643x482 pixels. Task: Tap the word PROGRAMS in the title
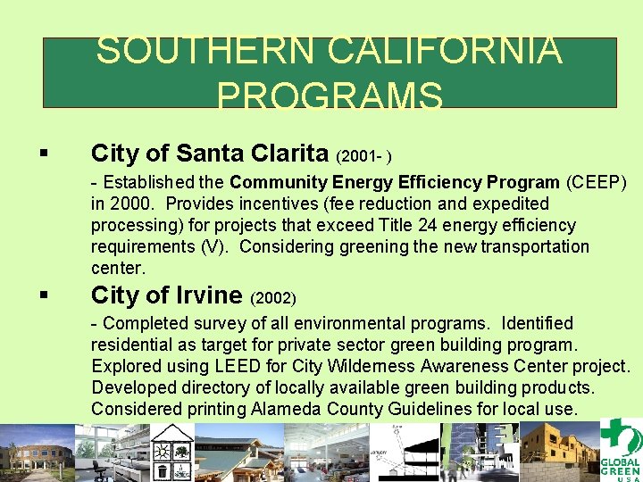coord(329,96)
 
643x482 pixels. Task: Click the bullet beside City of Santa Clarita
coord(44,154)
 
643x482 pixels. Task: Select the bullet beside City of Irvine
coord(44,295)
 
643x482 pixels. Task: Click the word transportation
coord(535,246)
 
